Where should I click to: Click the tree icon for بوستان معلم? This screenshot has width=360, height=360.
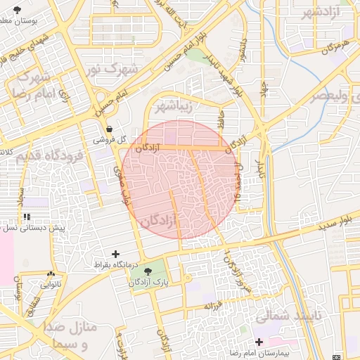17,9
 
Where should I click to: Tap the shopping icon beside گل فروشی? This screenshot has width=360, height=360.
109,129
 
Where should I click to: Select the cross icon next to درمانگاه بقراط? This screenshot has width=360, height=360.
116,254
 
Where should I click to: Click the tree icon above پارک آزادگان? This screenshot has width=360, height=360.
148,271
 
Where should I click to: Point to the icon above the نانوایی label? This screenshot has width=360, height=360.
51,274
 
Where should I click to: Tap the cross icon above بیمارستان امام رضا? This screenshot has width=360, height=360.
259,342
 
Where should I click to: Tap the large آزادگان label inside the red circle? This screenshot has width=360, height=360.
158,221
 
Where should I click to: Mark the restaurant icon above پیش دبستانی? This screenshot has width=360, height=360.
27,217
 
